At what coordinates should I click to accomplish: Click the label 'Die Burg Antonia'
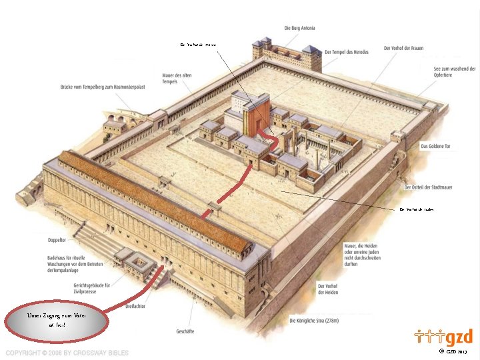pos(299,28)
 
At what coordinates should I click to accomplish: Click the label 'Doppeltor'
pos(57,237)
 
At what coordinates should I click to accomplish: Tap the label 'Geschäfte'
pos(185,331)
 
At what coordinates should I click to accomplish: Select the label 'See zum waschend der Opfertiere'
pos(454,72)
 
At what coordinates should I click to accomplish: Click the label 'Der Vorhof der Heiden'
pos(329,289)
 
